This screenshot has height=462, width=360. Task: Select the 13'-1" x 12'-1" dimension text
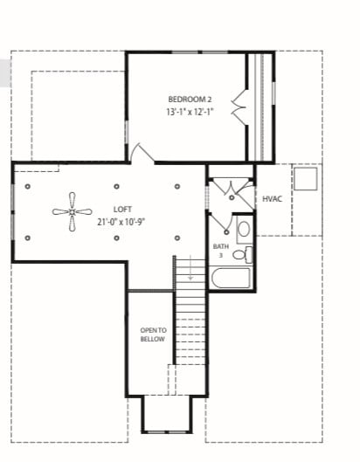tap(190, 113)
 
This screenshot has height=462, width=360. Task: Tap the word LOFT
tap(122, 209)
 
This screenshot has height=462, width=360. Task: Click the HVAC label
tap(272, 199)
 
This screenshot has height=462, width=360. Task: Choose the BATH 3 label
tap(220, 251)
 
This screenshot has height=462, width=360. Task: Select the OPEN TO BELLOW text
tap(152, 334)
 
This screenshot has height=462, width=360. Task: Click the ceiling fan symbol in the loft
tap(71, 210)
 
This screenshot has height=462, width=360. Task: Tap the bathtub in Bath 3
tap(231, 279)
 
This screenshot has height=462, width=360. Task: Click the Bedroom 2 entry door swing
tap(140, 154)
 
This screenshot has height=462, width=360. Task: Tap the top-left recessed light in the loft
tap(29, 186)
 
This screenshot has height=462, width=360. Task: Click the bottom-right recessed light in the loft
tap(177, 237)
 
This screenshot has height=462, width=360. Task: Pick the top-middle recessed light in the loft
tap(117, 186)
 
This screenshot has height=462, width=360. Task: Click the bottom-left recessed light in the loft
tap(29, 237)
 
